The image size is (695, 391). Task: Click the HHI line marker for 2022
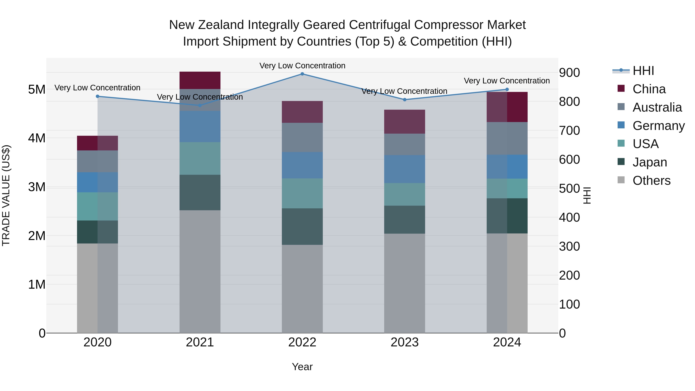[302, 74]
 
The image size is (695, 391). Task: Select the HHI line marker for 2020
[98, 96]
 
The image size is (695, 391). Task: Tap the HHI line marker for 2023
[404, 100]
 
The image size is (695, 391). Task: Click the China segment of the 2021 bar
[200, 80]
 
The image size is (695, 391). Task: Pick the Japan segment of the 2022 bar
[302, 226]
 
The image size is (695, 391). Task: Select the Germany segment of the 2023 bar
[404, 169]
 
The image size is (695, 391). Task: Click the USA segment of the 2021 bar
[200, 158]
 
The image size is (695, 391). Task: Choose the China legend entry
[649, 89]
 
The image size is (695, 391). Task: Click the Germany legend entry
[658, 126]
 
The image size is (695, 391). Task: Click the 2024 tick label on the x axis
[507, 342]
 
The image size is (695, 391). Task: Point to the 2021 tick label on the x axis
[200, 342]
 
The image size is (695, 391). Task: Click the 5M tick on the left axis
[37, 89]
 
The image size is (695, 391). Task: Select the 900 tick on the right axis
[569, 73]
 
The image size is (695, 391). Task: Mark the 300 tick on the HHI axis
[569, 246]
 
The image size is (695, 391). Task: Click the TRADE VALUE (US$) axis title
[6, 195]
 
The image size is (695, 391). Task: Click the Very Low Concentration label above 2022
[302, 66]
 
